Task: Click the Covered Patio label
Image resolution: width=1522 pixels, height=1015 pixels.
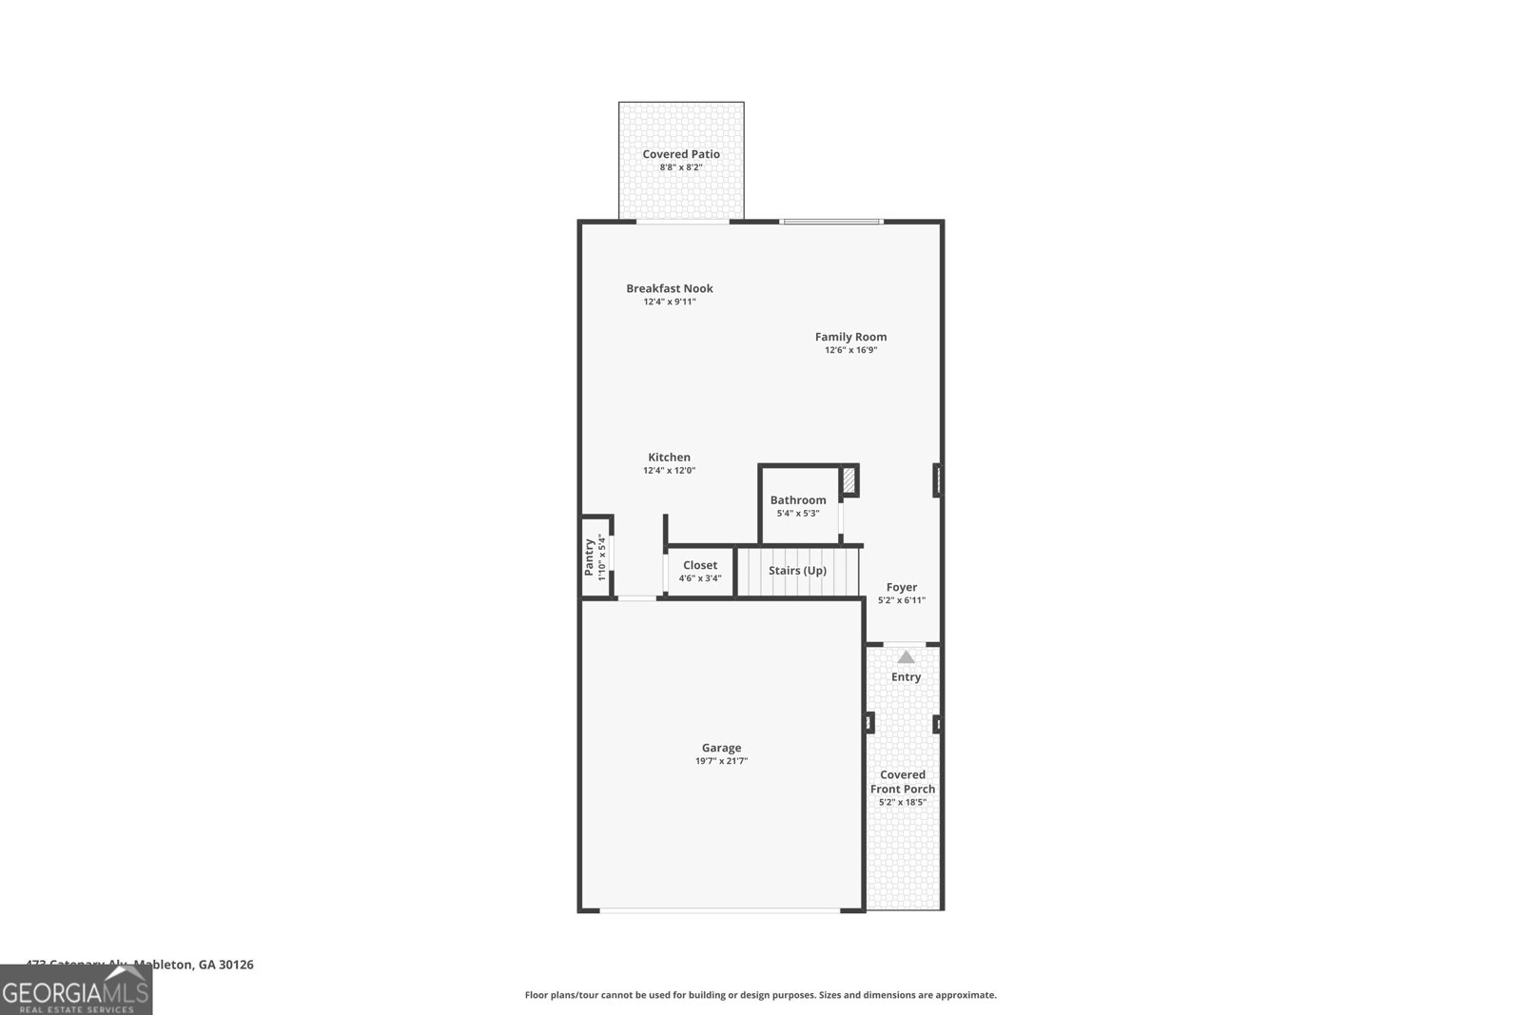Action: [x=681, y=154]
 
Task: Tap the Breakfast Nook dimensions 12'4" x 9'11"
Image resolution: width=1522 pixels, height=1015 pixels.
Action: [x=670, y=303]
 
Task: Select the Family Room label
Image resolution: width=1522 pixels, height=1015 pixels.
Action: [x=850, y=337]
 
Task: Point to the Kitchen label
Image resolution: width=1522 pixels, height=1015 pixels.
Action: [x=670, y=458]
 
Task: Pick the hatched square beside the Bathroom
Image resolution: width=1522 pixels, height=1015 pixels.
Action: [x=849, y=479]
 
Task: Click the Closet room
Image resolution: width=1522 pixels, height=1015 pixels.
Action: [x=700, y=571]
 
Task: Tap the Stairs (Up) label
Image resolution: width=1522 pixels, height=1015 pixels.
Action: [x=797, y=571]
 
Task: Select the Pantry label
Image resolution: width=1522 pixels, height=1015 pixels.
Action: [x=590, y=556]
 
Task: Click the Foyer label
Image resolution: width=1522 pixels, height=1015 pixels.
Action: [x=902, y=588]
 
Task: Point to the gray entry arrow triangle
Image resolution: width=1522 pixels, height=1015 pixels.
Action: [x=906, y=657]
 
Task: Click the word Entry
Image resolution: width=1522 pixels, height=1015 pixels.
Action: [x=906, y=677]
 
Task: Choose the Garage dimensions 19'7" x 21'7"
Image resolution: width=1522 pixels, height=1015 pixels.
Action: [x=721, y=761]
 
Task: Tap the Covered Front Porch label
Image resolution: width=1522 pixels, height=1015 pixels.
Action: [x=903, y=782]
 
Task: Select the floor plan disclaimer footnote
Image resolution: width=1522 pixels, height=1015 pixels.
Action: [x=761, y=995]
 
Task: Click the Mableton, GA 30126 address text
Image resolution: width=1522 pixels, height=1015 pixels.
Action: [x=194, y=965]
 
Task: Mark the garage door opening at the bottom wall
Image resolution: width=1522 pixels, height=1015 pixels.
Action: [x=720, y=910]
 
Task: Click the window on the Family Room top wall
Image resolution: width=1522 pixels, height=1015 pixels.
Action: [x=831, y=222]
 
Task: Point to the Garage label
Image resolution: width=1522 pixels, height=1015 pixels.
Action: [x=721, y=748]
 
